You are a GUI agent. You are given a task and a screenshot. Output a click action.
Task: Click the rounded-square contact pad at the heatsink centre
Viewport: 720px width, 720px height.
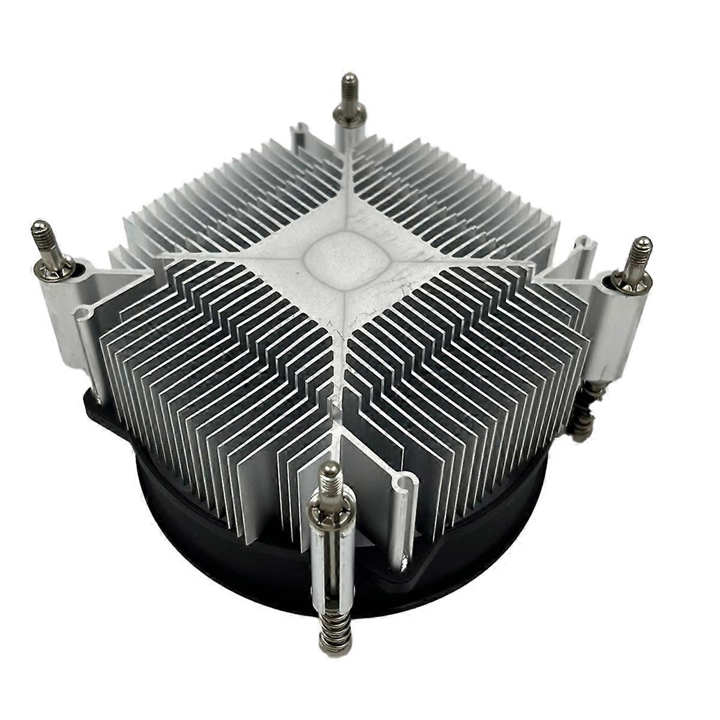pos(345,259)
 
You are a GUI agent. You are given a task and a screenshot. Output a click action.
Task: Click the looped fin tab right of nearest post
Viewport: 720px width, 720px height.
pos(403,486)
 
